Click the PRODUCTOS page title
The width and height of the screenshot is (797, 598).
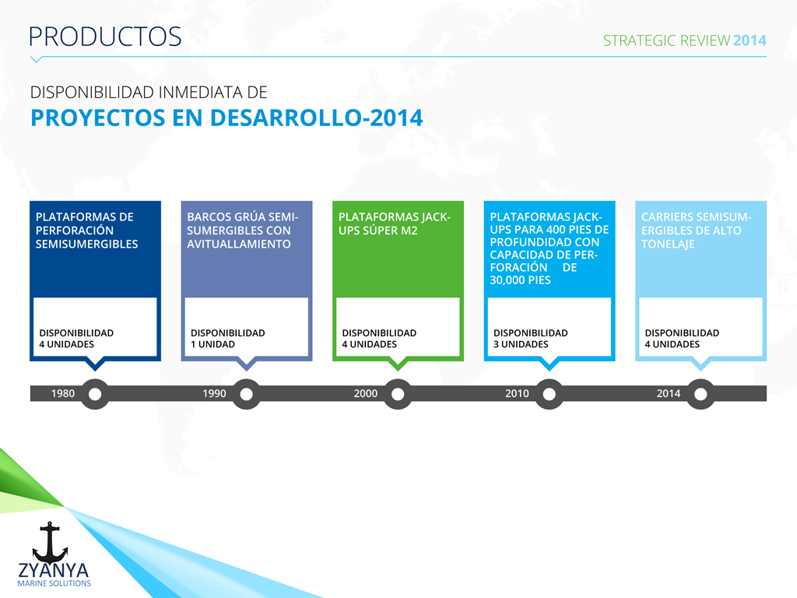pyautogui.click(x=105, y=37)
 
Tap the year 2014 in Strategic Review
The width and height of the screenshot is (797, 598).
pyautogui.click(x=750, y=40)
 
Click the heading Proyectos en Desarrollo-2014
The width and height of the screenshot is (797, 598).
pyautogui.click(x=226, y=118)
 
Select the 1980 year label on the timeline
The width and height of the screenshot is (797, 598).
pyautogui.click(x=63, y=393)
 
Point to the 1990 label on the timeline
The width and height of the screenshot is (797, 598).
pyautogui.click(x=215, y=393)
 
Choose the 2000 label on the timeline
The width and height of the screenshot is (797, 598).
pyautogui.click(x=366, y=393)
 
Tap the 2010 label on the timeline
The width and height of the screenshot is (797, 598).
pyautogui.click(x=517, y=393)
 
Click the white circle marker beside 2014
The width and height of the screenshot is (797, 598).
pyautogui.click(x=700, y=394)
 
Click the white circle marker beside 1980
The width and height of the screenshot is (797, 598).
pyautogui.click(x=95, y=394)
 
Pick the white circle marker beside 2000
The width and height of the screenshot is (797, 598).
pyautogui.click(x=398, y=394)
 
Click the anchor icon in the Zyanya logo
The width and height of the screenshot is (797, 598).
pyautogui.click(x=50, y=542)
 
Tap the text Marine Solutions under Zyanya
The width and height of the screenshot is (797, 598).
pyautogui.click(x=54, y=583)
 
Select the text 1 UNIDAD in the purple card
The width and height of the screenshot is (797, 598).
pyautogui.click(x=213, y=344)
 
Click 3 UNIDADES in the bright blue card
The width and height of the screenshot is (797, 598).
pyautogui.click(x=521, y=344)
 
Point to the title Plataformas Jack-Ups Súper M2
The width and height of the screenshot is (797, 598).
pyautogui.click(x=395, y=223)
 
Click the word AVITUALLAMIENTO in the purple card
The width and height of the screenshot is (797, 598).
pyautogui.click(x=239, y=244)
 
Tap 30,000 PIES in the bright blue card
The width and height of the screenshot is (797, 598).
pyautogui.click(x=521, y=280)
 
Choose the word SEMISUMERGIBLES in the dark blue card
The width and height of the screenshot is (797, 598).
pyautogui.click(x=87, y=244)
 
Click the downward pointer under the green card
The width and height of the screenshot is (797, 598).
pyautogui.click(x=398, y=364)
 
